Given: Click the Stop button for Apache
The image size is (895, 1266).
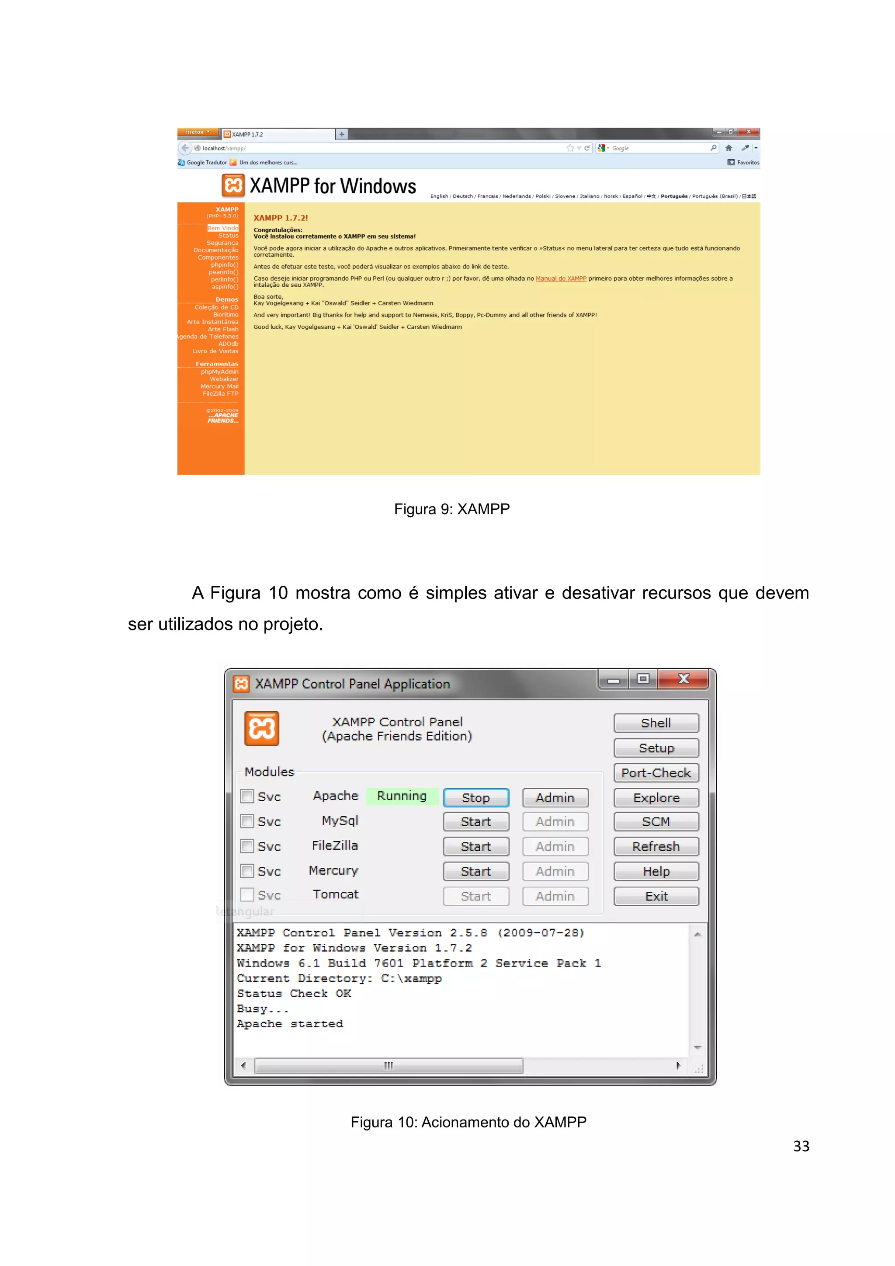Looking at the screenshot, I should (475, 797).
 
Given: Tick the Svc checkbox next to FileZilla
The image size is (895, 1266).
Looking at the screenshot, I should (247, 846).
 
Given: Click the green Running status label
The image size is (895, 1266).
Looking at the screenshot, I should (402, 796).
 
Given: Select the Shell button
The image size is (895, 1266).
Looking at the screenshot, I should (656, 723).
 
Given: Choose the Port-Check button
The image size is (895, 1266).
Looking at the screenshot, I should (656, 772).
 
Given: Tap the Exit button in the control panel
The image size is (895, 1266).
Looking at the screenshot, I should (656, 896).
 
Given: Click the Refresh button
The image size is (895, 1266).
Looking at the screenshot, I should (656, 846).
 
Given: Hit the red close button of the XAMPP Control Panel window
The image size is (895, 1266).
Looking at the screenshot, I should (683, 679).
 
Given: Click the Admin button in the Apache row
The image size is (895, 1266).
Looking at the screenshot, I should (555, 797).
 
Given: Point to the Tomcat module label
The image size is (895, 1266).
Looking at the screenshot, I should (335, 894).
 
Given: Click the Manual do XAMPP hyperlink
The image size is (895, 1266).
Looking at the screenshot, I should (561, 278).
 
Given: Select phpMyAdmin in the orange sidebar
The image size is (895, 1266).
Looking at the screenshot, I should (219, 372).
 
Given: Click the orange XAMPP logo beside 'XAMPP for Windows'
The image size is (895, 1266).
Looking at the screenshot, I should (233, 185).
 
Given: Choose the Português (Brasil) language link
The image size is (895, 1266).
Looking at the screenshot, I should (714, 196).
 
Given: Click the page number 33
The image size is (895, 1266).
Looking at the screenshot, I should (801, 1146).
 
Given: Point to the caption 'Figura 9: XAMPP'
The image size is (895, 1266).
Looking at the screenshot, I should (451, 508).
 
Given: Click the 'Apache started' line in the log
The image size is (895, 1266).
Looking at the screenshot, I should (290, 1023).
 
